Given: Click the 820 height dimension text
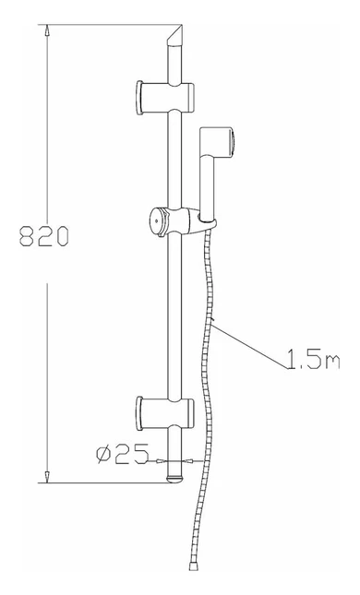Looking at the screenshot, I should click(x=44, y=236).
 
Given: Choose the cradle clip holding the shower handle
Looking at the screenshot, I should click(x=205, y=221).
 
